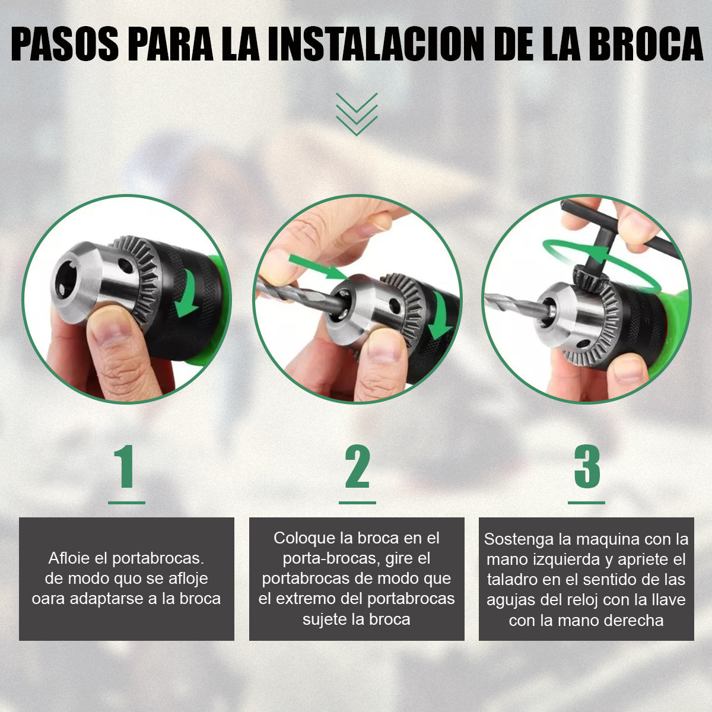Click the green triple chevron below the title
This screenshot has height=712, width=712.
(x=357, y=113)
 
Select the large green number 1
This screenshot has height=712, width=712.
(x=126, y=467)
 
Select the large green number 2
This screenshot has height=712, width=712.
(x=357, y=467)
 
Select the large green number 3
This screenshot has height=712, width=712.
(x=587, y=467)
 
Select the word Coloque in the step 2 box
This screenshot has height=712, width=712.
(x=304, y=538)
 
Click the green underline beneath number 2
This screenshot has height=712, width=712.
(x=357, y=503)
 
